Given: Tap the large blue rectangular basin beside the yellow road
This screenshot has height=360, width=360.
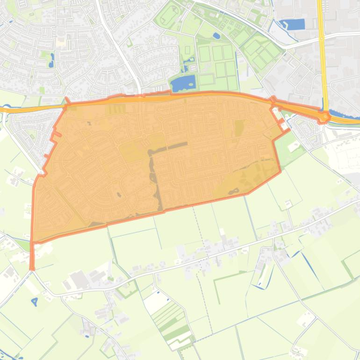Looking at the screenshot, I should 294,24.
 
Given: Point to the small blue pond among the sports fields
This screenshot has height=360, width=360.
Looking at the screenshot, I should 216,36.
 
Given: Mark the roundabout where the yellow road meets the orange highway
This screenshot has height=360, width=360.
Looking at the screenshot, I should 324,116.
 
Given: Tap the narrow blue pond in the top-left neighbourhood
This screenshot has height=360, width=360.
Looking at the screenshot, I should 51,59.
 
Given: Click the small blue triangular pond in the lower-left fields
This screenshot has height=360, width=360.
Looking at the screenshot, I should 34,302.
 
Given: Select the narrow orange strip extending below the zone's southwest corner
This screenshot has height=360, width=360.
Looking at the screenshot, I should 32,256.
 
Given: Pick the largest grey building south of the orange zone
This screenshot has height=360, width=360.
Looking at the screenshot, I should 79,279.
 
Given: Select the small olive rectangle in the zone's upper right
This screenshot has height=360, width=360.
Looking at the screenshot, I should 239,128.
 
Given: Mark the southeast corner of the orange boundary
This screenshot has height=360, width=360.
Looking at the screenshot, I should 280,172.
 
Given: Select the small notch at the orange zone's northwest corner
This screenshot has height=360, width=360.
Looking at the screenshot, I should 67,101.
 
